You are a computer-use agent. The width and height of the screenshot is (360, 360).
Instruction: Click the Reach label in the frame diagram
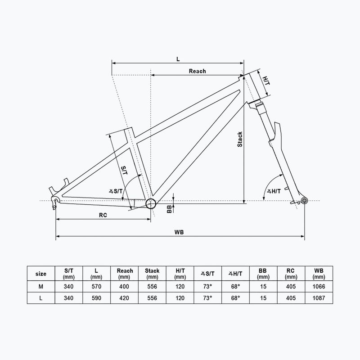click(197, 71)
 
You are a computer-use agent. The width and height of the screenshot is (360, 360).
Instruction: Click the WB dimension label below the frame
click(179, 232)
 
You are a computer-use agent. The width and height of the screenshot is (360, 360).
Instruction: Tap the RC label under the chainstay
click(103, 215)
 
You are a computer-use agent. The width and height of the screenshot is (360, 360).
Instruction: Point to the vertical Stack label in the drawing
click(240, 139)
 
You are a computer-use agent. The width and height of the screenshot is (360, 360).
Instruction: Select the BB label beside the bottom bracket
click(170, 209)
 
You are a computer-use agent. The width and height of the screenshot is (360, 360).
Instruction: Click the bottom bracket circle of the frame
click(151, 203)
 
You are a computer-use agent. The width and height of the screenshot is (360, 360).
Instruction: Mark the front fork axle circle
click(305, 200)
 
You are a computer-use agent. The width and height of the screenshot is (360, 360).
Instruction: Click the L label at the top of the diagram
click(178, 59)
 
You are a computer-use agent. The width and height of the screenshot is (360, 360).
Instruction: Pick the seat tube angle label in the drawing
click(116, 191)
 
